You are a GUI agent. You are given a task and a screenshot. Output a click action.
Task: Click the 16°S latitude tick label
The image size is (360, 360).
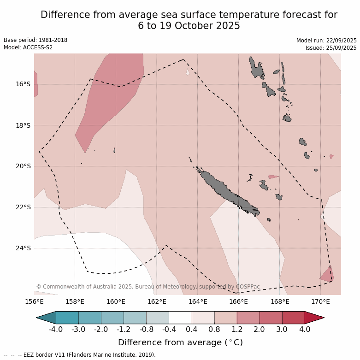pos(23,84)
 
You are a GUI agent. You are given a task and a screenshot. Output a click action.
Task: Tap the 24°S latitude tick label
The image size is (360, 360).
pos(23,248)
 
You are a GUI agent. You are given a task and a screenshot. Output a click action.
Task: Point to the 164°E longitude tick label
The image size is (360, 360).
pos(198,302)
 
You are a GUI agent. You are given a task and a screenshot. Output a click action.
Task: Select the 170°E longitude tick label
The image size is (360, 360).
pos(320,302)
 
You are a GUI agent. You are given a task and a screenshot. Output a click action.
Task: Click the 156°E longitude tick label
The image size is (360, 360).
pos(34,302)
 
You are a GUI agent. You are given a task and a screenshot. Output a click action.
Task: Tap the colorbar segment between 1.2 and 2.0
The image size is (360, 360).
pos(248,318)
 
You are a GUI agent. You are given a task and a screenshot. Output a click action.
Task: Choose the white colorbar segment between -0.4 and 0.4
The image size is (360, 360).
pos(180,318)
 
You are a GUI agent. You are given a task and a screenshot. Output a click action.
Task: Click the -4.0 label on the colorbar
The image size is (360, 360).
pos(56,329)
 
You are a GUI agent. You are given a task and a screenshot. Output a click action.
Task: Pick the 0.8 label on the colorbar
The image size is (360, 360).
pos(214,329)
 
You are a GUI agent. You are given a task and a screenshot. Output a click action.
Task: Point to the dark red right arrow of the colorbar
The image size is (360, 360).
pos(315,318)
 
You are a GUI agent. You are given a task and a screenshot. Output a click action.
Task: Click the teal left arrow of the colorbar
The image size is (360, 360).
pos(46,318)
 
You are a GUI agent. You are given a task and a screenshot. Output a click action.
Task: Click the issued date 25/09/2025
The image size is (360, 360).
pos(341,48)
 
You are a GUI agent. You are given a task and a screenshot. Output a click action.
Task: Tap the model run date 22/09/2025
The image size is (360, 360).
pos(341,41)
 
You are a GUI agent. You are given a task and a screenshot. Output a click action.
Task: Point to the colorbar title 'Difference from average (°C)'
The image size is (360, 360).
pos(180,342)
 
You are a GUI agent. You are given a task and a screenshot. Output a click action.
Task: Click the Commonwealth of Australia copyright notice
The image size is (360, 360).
pos(148,287)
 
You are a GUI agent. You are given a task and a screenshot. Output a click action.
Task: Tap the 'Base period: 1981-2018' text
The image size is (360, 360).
pos(35,40)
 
